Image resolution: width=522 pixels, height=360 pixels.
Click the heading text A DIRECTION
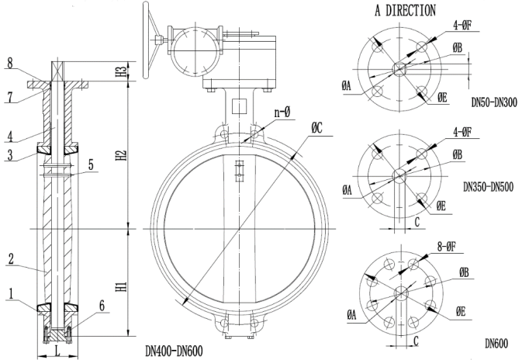pyautogui.click(x=404, y=11)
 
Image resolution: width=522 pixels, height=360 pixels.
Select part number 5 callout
pyautogui.click(x=91, y=164)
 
